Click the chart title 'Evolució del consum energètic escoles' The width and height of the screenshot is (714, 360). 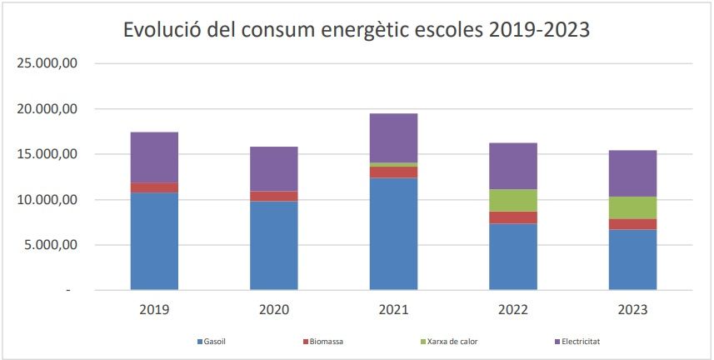(357, 30)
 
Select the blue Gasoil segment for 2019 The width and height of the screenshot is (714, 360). (154, 242)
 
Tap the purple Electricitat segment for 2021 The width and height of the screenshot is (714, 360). (393, 137)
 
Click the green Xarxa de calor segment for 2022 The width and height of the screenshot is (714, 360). (513, 200)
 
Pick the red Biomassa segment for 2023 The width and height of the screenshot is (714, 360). (632, 224)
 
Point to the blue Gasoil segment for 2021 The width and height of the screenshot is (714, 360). (393, 234)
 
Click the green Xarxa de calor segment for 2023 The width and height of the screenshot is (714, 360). (632, 207)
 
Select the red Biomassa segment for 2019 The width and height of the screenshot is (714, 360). (154, 187)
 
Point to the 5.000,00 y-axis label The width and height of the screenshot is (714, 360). (51, 245)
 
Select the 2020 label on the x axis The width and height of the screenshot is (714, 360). (274, 309)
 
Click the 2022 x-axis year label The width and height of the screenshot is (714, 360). (513, 309)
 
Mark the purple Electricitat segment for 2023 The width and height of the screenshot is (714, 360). (632, 173)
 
